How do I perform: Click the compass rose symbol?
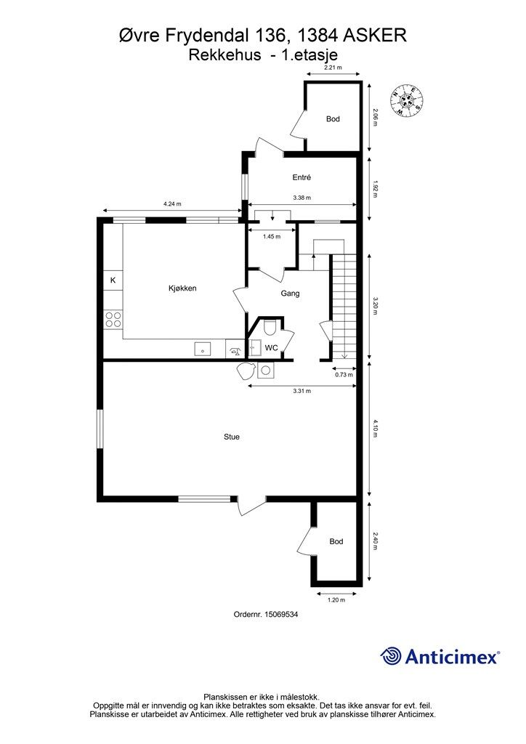(x=406, y=100)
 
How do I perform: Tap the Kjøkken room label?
(x=182, y=288)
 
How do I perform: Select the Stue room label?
(x=232, y=437)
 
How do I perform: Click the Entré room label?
(x=302, y=177)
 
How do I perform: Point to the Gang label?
(x=291, y=294)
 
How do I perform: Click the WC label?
(x=271, y=348)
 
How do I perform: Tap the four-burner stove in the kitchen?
(x=113, y=319)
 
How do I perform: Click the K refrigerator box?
(x=113, y=280)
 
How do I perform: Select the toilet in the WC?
(x=270, y=327)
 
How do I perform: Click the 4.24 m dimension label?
(x=172, y=204)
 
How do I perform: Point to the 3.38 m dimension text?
(x=302, y=198)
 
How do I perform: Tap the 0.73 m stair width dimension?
(x=344, y=374)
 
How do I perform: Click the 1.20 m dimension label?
(x=336, y=599)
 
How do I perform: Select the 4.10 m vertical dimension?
(x=375, y=428)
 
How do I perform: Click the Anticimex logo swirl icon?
(x=390, y=656)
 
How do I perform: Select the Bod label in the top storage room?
(x=333, y=118)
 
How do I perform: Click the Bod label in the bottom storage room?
(x=336, y=541)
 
